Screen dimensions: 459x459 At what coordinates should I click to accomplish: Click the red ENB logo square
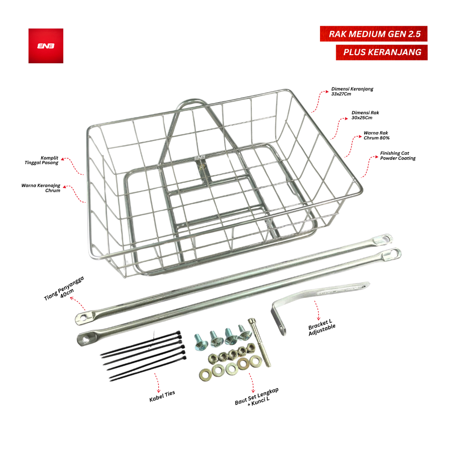point(46,46)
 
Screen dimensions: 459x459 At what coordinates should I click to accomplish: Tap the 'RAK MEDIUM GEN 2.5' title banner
point(373,34)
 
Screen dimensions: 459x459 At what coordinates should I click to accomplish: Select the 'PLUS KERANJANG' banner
point(381,52)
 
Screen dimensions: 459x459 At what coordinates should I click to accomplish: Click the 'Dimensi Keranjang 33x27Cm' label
point(352,91)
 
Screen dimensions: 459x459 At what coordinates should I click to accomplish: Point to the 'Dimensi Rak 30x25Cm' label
point(365,115)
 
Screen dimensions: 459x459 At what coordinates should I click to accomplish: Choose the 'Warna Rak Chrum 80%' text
point(377,135)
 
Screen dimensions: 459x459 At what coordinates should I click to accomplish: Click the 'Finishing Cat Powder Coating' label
point(398,156)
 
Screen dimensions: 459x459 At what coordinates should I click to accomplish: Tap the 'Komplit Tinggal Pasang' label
point(42,160)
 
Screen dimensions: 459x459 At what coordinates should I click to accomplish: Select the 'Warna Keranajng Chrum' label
point(41,188)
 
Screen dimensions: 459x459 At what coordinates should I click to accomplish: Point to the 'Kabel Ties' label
point(162,396)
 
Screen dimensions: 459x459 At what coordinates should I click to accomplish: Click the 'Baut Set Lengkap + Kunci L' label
point(257,397)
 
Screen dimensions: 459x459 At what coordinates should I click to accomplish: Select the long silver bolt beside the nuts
point(260,342)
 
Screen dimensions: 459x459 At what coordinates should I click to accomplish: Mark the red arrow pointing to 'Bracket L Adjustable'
point(317,310)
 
